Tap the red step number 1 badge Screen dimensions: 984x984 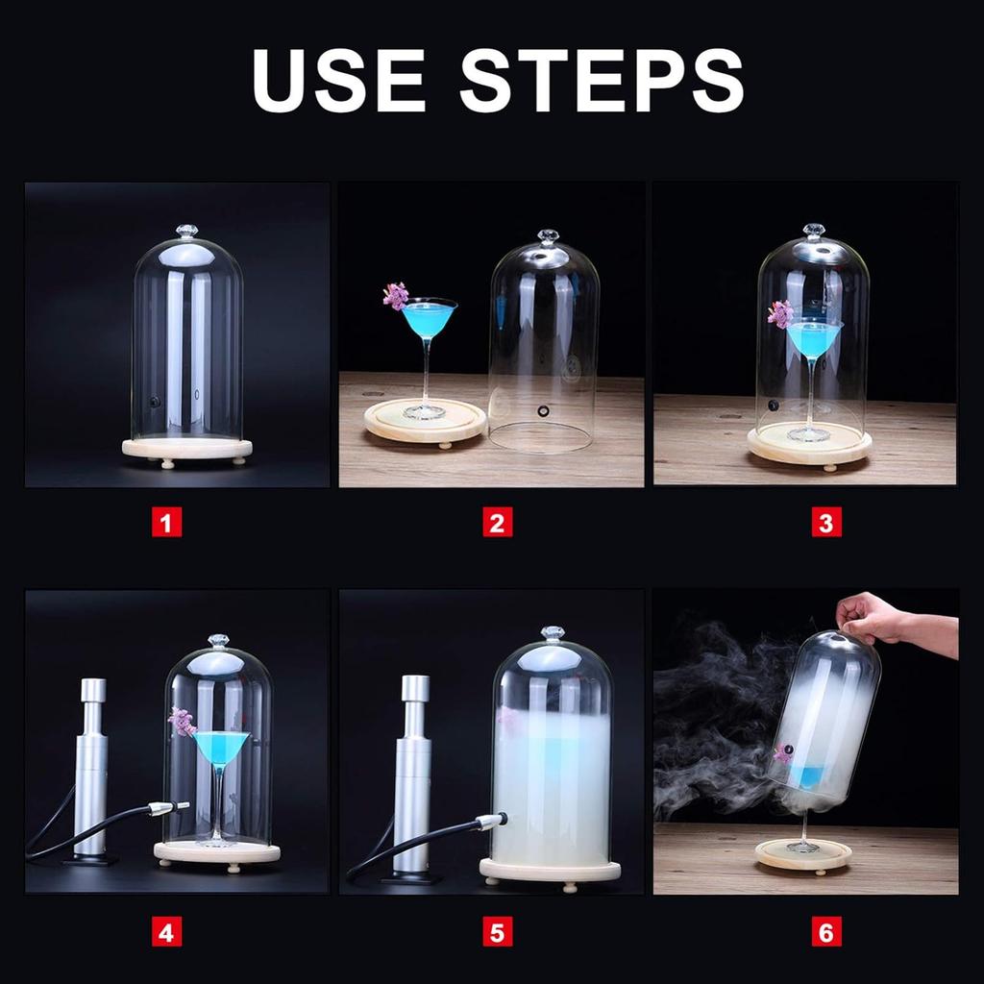pos(167,524)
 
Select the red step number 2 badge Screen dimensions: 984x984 pos(497,524)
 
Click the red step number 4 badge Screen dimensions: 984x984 pos(167,931)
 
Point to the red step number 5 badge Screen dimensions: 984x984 pos(497,931)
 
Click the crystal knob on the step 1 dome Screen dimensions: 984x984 pos(186,232)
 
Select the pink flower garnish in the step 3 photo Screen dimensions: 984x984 pos(780,313)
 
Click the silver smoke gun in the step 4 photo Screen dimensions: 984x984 pos(92,769)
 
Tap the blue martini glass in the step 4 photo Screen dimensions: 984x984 pos(222,750)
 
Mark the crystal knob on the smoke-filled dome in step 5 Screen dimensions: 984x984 pos(553,634)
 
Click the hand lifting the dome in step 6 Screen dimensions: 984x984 pos(870,617)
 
